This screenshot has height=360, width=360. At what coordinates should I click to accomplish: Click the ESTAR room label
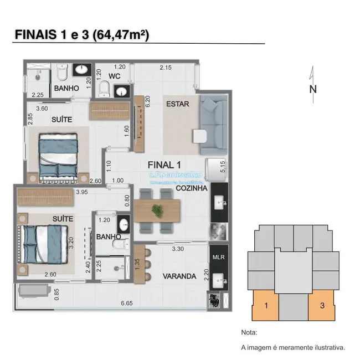(178, 104)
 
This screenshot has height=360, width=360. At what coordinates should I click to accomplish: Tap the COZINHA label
(192, 188)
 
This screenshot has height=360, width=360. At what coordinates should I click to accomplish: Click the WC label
(115, 76)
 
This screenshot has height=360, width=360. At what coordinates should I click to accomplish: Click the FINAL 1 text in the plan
(164, 164)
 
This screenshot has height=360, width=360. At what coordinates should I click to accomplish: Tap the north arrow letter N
(313, 89)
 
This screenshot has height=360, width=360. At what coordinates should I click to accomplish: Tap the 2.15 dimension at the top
(165, 68)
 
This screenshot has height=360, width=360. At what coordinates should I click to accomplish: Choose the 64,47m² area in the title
(121, 34)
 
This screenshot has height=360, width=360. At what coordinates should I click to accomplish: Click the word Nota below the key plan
(250, 333)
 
